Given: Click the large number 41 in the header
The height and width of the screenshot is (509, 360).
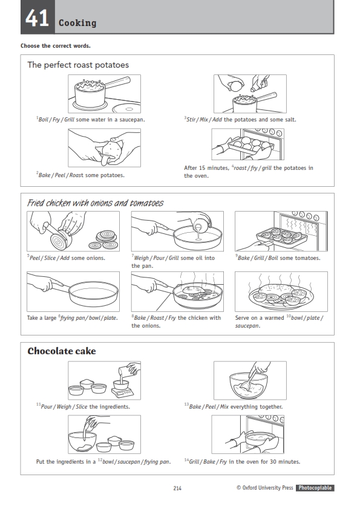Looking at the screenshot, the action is coord(37,18).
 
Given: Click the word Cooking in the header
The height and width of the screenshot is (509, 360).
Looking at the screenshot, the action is coord(77,23).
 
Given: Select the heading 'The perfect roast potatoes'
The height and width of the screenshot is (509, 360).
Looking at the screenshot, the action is coord(78,65).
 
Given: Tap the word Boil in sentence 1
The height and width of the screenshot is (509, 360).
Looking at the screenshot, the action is coord(44,120).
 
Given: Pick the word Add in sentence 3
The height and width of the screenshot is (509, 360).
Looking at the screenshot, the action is coord(217,120).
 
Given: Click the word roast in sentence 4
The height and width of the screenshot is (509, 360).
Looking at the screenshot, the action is coord(240,168).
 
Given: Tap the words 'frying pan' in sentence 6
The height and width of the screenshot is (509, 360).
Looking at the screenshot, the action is coord(72,318).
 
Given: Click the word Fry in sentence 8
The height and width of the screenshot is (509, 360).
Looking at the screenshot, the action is coord(172,318).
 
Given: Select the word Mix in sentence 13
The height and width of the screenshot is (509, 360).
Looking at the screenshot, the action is coord(224,407).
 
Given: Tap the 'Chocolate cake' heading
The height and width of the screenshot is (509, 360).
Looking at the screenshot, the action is coord(62,351).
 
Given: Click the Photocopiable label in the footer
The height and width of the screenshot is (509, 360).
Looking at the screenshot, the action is coord(315,488).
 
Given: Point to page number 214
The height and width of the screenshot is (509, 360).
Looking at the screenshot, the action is coord(177,488).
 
